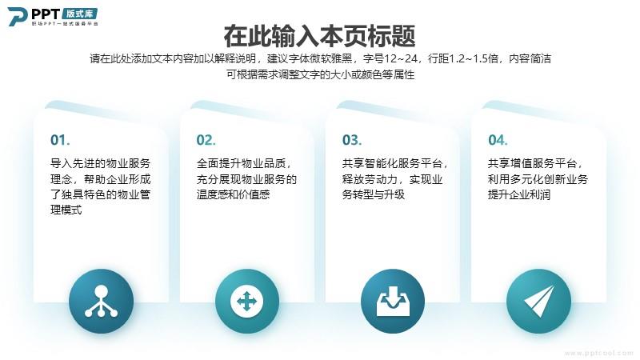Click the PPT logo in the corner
click(53, 16)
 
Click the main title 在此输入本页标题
click(319, 36)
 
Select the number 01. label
click(60, 140)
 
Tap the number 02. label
click(206, 140)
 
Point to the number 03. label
click(352, 140)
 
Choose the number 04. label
click(498, 140)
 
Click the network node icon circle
click(102, 302)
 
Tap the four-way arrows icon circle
click(247, 302)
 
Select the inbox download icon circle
click(393, 302)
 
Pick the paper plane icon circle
click(538, 302)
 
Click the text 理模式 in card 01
click(66, 210)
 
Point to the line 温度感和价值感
click(233, 194)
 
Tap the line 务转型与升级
click(374, 194)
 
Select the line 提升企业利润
click(519, 194)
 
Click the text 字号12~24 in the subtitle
click(390, 58)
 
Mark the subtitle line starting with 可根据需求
click(321, 74)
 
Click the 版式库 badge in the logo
click(80, 14)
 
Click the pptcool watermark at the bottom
click(598, 353)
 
